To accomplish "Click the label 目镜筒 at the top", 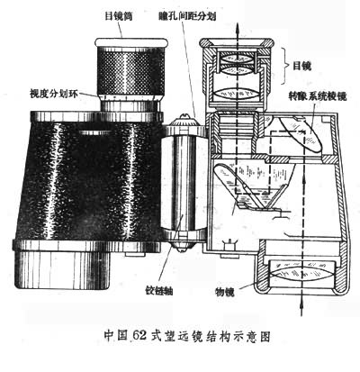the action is tap(119, 16).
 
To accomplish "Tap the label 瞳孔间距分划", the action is tap(187, 16).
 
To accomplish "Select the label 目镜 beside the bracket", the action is tap(301, 66).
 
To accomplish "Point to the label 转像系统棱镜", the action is tap(318, 96).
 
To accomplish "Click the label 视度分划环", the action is tap(53, 94).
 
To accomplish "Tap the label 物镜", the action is tap(225, 291).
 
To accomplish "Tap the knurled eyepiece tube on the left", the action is tap(130, 73).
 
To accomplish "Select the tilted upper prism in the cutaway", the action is tap(301, 133).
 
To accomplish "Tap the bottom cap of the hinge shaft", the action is tap(183, 242).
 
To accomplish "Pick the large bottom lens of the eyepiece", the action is tap(237, 93).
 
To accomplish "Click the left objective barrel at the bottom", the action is tap(62, 270).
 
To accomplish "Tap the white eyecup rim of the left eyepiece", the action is tap(130, 42).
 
